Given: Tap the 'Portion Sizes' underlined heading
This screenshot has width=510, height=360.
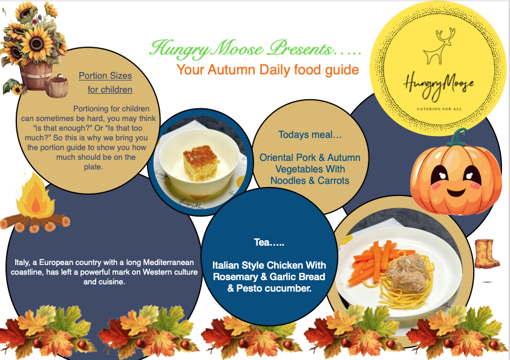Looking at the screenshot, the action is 105,76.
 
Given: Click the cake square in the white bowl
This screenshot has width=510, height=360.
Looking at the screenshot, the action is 200,163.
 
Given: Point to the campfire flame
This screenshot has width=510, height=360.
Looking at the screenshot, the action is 35,196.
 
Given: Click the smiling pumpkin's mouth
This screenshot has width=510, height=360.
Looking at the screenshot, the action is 457,192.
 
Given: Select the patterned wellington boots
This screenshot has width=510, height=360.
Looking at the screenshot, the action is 486,254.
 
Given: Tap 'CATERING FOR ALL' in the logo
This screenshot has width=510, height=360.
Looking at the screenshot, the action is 439,109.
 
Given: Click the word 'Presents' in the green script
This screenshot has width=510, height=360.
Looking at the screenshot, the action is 301,50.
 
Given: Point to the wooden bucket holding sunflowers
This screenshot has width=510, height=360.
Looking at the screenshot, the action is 36,76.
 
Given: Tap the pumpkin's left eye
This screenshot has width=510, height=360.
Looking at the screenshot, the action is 440,175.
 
